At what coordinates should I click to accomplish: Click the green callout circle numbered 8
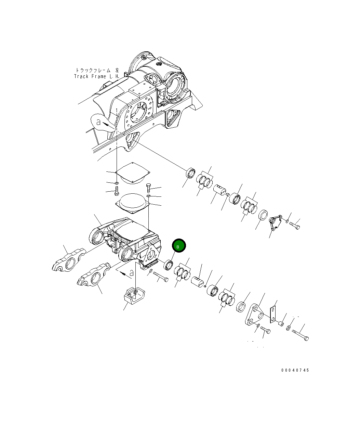click(178, 246)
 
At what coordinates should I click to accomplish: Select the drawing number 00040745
click(295, 370)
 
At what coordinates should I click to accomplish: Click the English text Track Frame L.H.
click(96, 77)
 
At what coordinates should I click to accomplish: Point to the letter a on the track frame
click(98, 121)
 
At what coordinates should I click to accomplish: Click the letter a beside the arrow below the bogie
click(131, 273)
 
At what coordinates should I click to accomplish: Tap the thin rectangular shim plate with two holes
click(273, 314)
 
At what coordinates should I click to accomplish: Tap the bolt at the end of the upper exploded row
click(295, 225)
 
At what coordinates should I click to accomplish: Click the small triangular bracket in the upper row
click(275, 222)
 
